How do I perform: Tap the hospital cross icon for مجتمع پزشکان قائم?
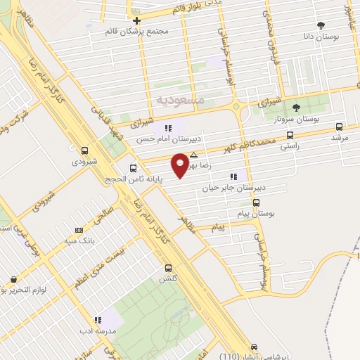(136, 20)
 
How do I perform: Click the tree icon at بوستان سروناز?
(296, 108)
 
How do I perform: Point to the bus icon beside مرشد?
(340, 127)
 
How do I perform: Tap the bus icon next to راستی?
(289, 134)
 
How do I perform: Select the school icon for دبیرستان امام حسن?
(168, 128)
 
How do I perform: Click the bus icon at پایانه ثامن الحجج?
(134, 167)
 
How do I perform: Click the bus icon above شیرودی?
(85, 150)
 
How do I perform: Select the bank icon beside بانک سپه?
(79, 230)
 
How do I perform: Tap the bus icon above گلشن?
(167, 268)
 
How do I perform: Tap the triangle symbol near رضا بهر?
(193, 154)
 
